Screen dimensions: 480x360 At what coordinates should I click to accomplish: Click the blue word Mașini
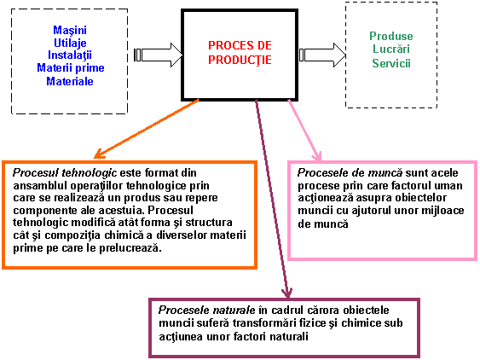tap(70, 31)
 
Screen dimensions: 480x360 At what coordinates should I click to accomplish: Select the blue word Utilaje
tap(70, 44)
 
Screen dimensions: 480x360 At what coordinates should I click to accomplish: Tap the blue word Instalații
tap(70, 55)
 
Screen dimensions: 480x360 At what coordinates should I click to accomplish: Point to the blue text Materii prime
tap(71, 67)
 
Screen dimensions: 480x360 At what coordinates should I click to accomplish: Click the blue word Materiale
tap(70, 82)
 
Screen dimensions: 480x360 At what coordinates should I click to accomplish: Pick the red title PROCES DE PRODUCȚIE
tap(240, 53)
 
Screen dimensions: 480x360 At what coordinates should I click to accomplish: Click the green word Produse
tap(391, 36)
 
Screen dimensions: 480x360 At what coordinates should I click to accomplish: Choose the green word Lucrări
tap(391, 49)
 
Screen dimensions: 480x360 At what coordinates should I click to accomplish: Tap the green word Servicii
tap(391, 63)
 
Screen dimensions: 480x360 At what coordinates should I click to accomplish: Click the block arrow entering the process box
tap(159, 55)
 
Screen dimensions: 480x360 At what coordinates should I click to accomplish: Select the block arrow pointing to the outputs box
tap(322, 55)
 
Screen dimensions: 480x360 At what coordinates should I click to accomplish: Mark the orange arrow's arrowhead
tap(99, 154)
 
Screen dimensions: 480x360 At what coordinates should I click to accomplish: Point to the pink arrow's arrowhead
tap(317, 156)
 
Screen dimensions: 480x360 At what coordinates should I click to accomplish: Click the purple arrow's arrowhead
tap(287, 293)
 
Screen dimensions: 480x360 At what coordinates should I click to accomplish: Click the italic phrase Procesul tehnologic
tap(65, 173)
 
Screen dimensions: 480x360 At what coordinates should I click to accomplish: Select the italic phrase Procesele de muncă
tap(350, 173)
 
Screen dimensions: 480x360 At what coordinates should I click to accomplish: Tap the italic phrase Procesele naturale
tap(206, 310)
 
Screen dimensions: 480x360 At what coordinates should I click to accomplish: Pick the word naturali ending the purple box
tap(289, 337)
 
